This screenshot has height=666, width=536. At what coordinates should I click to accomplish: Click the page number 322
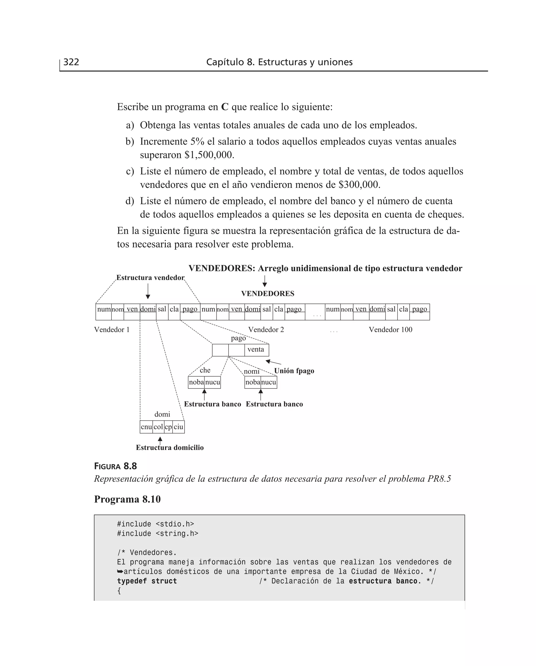coord(71,62)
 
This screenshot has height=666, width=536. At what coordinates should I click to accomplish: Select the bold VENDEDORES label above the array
coord(267,294)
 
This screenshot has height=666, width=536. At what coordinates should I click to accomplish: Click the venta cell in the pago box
coord(256,350)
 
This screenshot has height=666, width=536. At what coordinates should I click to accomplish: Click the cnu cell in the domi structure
coord(146,427)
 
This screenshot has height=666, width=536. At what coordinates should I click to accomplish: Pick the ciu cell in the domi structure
coord(178,427)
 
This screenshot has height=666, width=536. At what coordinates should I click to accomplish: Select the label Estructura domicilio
coord(170,448)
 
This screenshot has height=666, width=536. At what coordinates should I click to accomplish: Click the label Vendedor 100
coord(390,330)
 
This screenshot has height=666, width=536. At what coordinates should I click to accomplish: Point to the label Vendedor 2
coord(266,330)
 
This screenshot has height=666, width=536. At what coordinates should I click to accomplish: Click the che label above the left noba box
coord(205,370)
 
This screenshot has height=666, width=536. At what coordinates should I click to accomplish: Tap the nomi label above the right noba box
coord(251,371)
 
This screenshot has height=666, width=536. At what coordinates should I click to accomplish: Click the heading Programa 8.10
coord(127,499)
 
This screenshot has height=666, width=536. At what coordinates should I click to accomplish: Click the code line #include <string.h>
coord(158,533)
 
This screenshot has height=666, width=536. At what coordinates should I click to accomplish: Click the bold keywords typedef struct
coord(147,581)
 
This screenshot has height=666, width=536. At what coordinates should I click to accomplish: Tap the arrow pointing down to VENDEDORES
coord(265,281)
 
